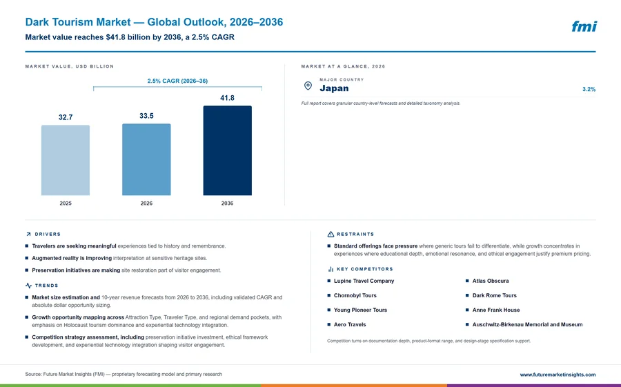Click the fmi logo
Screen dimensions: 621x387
tap(584, 26)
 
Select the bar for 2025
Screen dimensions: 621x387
tap(66, 160)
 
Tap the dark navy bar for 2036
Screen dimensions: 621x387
tap(227, 150)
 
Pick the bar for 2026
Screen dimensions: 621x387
tap(146, 159)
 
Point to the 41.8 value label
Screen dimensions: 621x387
tap(227, 98)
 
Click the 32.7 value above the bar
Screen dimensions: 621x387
tap(66, 117)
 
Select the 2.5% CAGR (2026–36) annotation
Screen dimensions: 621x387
tap(177, 81)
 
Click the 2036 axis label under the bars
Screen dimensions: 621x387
tap(227, 204)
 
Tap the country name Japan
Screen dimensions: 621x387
tap(334, 88)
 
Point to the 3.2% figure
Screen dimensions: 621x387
tap(589, 89)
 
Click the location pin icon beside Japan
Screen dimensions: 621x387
tap(308, 86)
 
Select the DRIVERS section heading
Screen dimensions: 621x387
tap(48, 234)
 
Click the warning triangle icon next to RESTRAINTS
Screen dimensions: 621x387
tap(331, 234)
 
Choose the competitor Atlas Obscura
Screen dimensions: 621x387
tap(491, 281)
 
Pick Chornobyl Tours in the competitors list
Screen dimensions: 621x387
tap(355, 295)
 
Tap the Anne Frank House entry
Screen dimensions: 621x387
tap(496, 310)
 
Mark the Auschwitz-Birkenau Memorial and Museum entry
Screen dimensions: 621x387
tap(527, 324)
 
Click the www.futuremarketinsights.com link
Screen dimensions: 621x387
tap(558, 375)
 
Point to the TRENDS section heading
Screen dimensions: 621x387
tap(46, 285)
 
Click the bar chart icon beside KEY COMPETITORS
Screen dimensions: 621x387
tap(331, 269)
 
